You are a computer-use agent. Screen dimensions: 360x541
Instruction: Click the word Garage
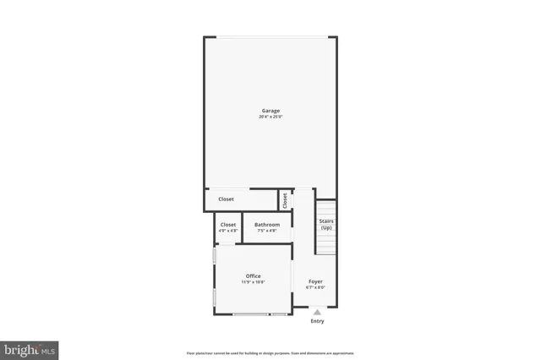[x=270, y=111]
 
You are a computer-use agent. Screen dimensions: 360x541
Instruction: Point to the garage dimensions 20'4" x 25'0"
[x=270, y=117]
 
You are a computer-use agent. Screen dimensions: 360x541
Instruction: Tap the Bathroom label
[x=267, y=225]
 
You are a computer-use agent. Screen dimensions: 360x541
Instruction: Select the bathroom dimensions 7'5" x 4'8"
[x=267, y=231]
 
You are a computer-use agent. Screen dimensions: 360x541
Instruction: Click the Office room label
[x=254, y=276]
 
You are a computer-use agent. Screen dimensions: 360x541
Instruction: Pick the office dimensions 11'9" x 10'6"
[x=254, y=282]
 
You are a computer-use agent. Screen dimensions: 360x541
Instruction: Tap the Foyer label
[x=315, y=281]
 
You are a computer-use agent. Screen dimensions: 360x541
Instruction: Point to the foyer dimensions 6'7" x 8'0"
[x=315, y=287]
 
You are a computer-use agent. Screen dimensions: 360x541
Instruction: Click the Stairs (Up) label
[x=326, y=225]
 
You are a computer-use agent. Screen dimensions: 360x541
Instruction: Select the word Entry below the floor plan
[x=317, y=321]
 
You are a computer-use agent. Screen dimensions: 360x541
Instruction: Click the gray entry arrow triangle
[x=317, y=312]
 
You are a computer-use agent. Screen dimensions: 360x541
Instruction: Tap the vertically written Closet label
[x=286, y=200]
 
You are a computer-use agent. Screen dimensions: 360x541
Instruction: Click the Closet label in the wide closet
[x=227, y=199]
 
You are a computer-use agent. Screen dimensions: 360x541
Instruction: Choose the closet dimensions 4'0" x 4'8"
[x=228, y=231]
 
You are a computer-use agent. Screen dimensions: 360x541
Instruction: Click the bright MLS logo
[x=29, y=348]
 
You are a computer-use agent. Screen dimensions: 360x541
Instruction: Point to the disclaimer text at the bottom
[x=270, y=352]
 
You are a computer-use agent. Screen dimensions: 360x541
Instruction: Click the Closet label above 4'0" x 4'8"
[x=228, y=225]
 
